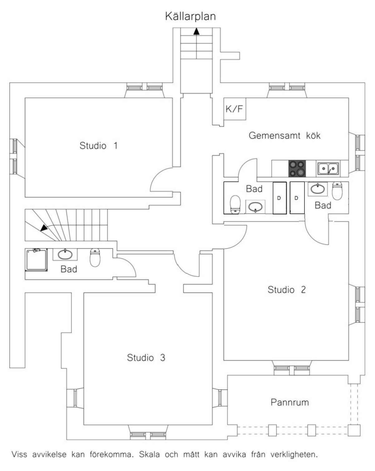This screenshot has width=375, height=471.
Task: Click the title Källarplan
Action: (190, 16)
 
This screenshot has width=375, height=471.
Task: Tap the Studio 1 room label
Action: (99, 146)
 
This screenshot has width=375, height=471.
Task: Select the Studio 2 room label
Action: (287, 290)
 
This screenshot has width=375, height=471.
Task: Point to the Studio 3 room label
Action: (146, 357)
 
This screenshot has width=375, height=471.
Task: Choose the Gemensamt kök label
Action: (285, 135)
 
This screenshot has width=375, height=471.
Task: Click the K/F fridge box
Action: (234, 109)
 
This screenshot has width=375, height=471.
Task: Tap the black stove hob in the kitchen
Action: (297, 169)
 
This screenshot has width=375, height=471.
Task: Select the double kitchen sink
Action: (328, 169)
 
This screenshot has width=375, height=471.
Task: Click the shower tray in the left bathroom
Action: (37, 259)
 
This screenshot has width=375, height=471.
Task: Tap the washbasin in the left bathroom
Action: (65, 255)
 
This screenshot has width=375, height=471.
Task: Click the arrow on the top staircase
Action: (197, 31)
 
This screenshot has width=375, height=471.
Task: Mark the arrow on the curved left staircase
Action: (44, 228)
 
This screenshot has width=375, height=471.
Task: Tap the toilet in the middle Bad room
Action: (235, 205)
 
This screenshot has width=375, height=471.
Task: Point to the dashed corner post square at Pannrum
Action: (354, 430)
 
